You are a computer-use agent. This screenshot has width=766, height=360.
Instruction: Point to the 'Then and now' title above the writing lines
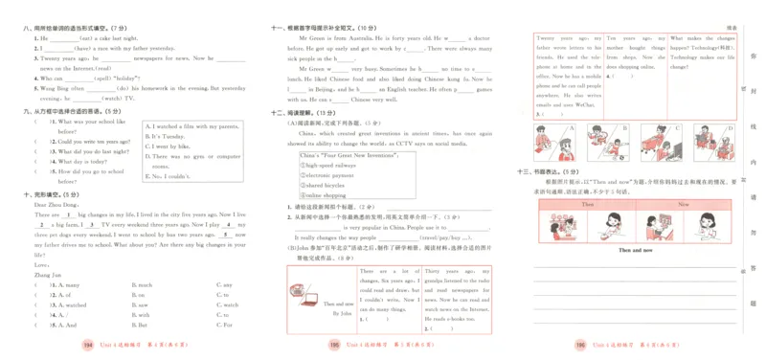coord(633,249)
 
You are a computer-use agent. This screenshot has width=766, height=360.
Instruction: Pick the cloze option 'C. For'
coord(226,324)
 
